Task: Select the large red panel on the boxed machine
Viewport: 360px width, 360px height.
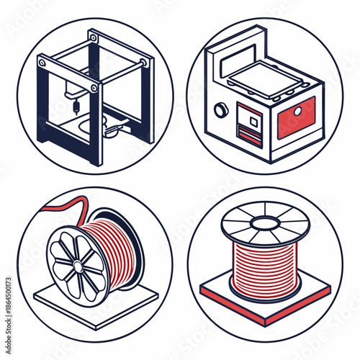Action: point(296,117)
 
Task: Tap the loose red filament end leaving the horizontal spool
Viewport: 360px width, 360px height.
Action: point(54,207)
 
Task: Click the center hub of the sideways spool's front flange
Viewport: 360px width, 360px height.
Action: point(73,263)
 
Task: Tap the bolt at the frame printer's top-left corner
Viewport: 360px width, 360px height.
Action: point(42,63)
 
